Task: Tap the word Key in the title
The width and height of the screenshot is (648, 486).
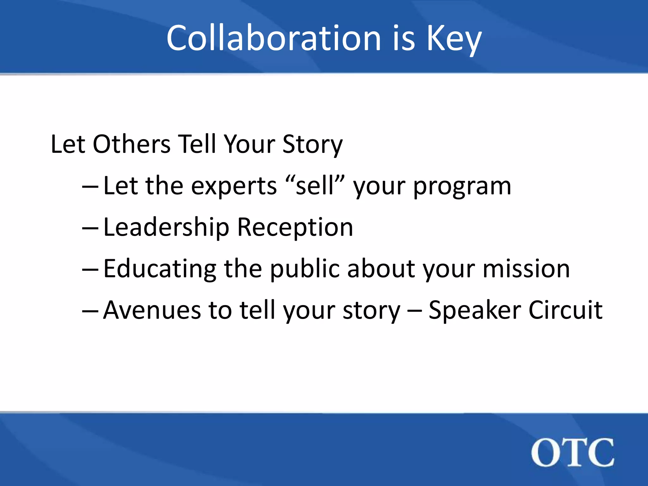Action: (x=454, y=39)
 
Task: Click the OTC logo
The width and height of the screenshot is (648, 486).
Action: (x=572, y=453)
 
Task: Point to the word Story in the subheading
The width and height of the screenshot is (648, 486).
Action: (x=312, y=145)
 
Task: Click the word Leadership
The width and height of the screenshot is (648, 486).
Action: (x=166, y=227)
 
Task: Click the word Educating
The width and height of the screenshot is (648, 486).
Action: (x=160, y=269)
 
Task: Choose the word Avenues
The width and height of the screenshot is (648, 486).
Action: (x=152, y=310)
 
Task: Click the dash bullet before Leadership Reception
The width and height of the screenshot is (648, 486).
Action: (x=90, y=228)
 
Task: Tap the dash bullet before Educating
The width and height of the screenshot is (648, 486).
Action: (x=90, y=270)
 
